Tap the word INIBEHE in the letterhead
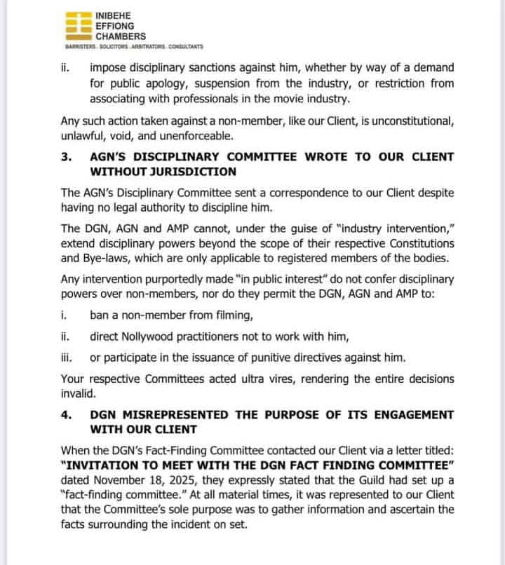point(116,15)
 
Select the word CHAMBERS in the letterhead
point(121,36)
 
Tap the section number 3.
point(67,156)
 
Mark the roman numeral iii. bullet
point(67,358)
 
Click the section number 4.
point(67,414)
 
